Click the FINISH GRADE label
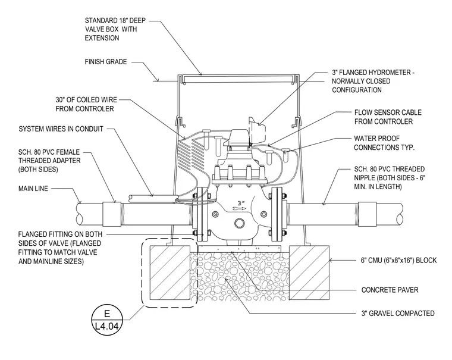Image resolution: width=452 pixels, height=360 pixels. coord(106,62)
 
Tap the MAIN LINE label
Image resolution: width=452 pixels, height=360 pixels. coord(33,189)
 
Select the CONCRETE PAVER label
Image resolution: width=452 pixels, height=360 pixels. coord(390,290)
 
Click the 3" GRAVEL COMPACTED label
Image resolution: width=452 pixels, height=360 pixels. coord(398,313)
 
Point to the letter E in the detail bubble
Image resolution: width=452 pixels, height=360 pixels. coord(106,314)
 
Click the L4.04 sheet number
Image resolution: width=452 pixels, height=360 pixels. coord(106,326)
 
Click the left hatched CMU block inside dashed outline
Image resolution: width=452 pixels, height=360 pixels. coord(169,273)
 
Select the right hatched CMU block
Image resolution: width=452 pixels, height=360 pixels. coord(309,273)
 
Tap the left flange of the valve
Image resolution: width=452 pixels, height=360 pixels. coord(202,214)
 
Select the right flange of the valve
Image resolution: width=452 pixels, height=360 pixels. coord(277,214)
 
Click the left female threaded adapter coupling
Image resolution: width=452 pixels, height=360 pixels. coord(112,214)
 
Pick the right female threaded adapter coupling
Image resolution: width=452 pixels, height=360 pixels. coord(368,214)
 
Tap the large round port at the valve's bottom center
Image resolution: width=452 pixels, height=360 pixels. coord(240,223)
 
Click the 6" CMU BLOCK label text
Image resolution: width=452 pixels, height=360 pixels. coord(398,260)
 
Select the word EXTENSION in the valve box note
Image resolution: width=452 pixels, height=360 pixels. coord(102,38)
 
